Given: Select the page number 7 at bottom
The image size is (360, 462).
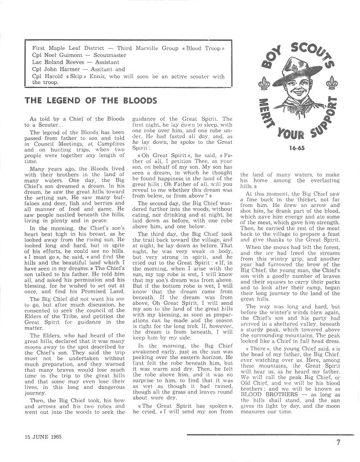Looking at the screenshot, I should pos(338,442).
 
